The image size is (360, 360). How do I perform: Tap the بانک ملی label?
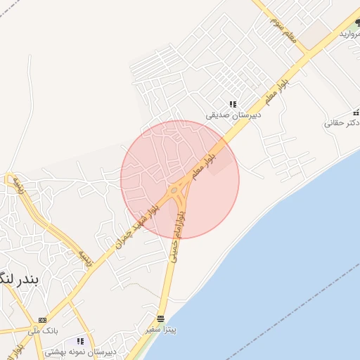coord(44,330)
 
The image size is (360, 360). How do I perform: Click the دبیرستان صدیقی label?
coord(233,114)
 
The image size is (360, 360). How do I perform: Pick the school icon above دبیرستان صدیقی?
coord(233,104)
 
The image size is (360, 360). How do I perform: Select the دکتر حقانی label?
coord(342,122)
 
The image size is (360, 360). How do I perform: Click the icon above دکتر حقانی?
coord(356,112)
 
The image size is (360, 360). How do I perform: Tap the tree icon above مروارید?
coord(357,23)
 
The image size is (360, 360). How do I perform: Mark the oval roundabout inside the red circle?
coord(174,189)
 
